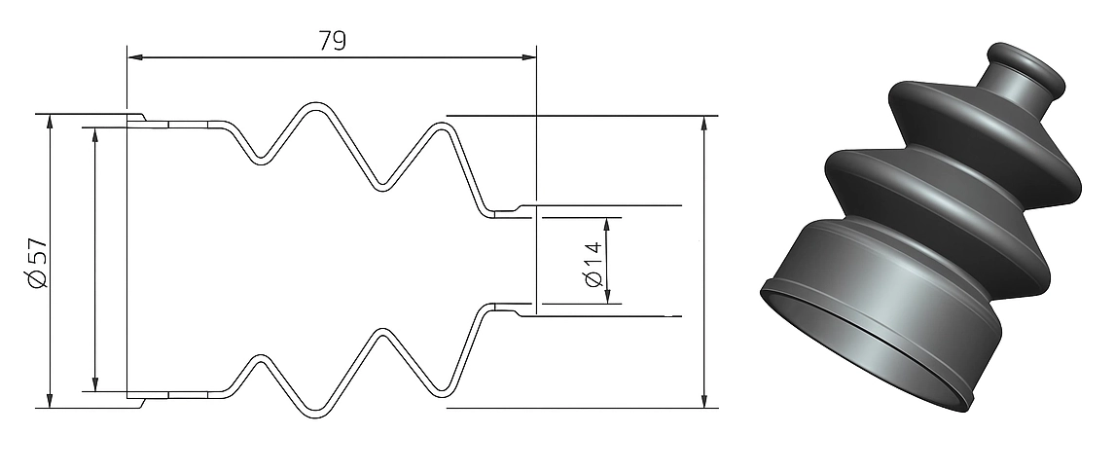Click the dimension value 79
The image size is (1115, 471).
click(332, 41)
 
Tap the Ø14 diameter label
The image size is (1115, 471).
click(593, 265)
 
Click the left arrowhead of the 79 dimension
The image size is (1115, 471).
click(134, 56)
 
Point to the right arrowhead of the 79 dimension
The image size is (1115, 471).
click(528, 56)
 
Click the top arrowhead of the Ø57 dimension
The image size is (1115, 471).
click(50, 122)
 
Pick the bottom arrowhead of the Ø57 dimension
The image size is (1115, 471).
click(50, 401)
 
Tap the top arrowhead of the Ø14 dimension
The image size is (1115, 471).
click(606, 226)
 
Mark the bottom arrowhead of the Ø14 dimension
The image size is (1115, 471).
click(606, 296)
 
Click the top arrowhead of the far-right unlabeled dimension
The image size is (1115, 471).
click(704, 123)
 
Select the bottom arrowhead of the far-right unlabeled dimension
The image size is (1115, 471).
click(704, 401)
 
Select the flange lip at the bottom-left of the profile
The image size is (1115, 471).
click(136, 401)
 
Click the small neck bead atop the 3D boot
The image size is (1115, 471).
click(1026, 67)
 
